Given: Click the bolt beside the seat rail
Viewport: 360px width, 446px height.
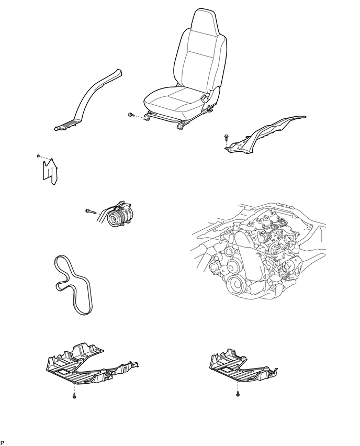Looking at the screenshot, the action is pyautogui.click(x=131, y=115).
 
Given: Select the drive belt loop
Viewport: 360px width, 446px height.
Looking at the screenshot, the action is pyautogui.click(x=73, y=284).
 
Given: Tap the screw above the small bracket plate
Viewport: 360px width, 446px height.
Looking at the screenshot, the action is pyautogui.click(x=38, y=155).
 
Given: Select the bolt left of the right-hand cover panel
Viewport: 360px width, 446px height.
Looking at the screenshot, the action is pyautogui.click(x=227, y=137).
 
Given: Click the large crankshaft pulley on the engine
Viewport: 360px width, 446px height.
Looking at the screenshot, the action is pyautogui.click(x=236, y=284).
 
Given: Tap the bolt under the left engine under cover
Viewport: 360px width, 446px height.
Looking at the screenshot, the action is pyautogui.click(x=74, y=396).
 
